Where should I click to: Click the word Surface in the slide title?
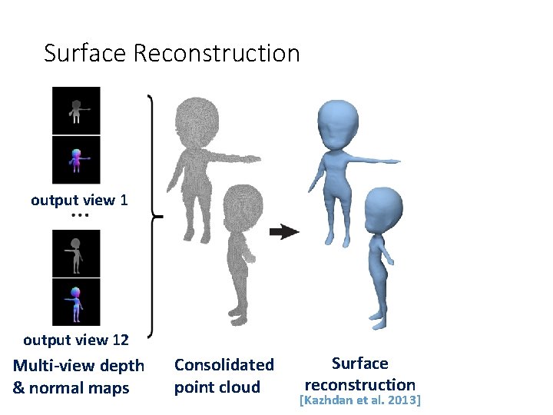tap(85, 53)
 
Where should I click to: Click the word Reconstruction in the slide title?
tap(217, 53)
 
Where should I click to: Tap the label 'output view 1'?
tap(79, 201)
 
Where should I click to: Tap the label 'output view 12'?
tap(76, 339)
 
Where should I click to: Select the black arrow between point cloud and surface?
tap(285, 232)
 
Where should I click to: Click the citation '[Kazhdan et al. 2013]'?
tap(360, 400)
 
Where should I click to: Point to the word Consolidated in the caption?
tap(224, 364)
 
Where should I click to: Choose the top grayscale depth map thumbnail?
tap(76, 111)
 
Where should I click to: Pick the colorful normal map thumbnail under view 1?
tap(76, 160)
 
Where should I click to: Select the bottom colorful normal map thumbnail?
tap(76, 301)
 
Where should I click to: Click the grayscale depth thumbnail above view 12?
tap(76, 253)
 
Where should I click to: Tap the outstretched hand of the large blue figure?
tap(392, 161)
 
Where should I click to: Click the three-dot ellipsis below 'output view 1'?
tap(79, 216)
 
